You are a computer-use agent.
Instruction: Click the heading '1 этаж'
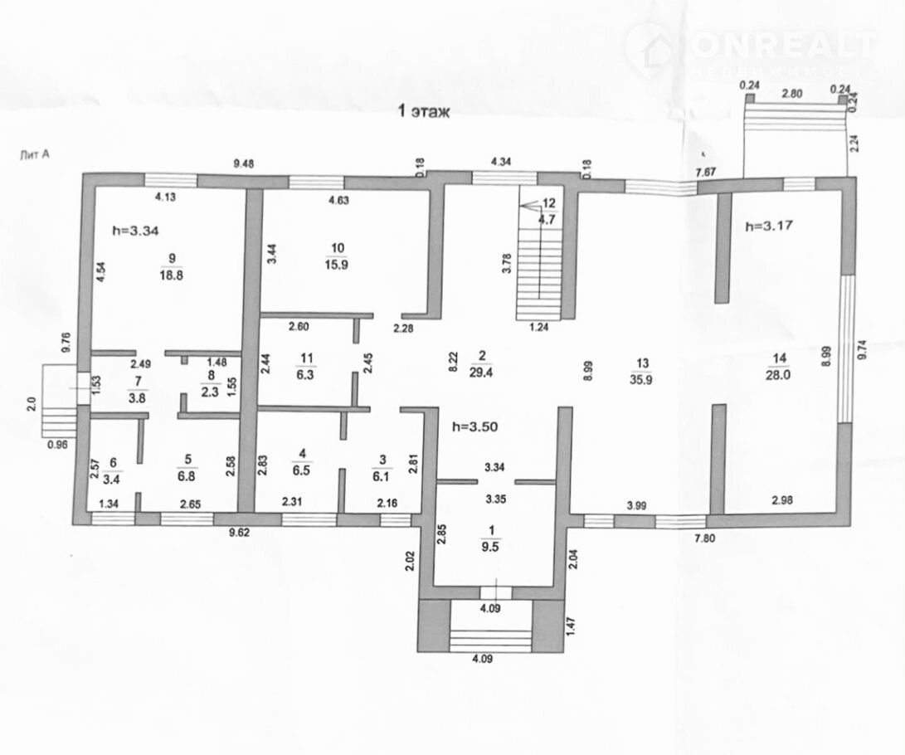pyautogui.click(x=424, y=111)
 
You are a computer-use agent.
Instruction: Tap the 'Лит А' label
pyautogui.click(x=34, y=154)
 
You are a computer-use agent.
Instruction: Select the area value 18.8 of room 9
pyautogui.click(x=172, y=275)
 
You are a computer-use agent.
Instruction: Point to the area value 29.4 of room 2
pyautogui.click(x=481, y=373)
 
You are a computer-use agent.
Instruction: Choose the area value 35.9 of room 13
pyautogui.click(x=641, y=380)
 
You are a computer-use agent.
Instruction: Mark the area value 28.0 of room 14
pyautogui.click(x=778, y=375)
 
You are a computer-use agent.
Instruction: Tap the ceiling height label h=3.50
pyautogui.click(x=475, y=427)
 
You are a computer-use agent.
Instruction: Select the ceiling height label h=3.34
pyautogui.click(x=135, y=231)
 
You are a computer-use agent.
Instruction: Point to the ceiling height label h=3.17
pyautogui.click(x=769, y=225)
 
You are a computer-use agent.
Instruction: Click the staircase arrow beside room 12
pyautogui.click(x=530, y=205)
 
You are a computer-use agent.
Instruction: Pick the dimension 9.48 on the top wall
pyautogui.click(x=244, y=163)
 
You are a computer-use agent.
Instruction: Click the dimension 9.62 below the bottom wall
pyautogui.click(x=239, y=533)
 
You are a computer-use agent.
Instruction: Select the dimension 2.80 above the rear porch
pyautogui.click(x=792, y=94)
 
